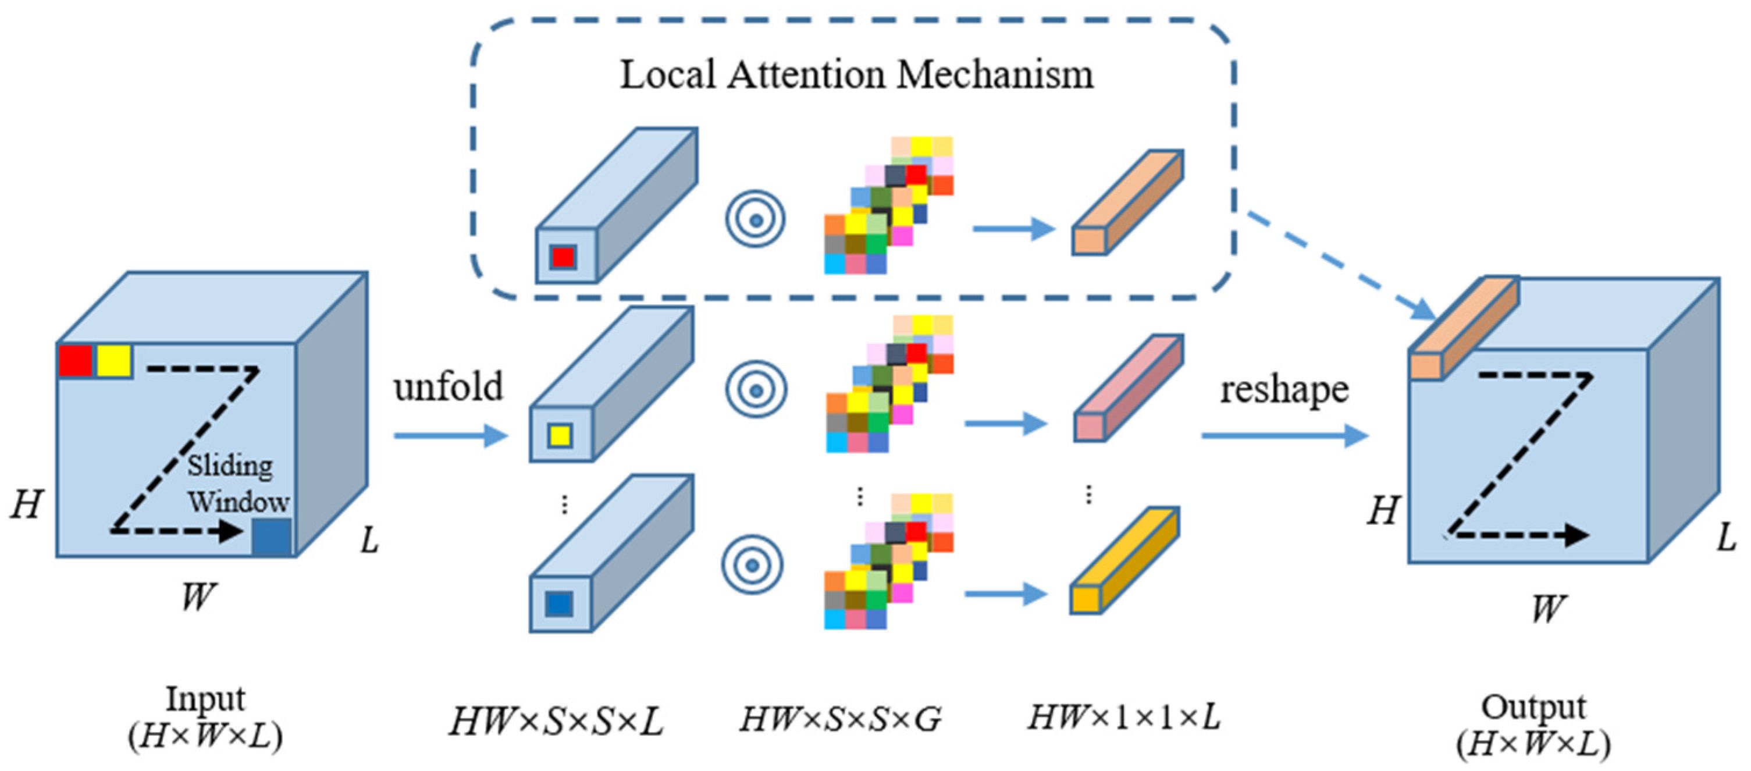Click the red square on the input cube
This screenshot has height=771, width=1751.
75,361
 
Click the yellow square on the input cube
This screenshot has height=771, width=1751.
113,361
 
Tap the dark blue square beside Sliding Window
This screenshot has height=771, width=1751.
272,537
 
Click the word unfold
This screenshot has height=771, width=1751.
448,386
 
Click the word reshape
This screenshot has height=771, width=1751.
1284,390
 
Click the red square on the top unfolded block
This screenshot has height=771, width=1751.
564,258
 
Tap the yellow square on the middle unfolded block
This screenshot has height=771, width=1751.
560,435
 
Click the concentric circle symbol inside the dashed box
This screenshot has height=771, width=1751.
755,219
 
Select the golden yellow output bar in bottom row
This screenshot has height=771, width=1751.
1125,561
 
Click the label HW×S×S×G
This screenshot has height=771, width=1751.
840,719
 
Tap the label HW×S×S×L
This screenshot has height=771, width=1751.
556,721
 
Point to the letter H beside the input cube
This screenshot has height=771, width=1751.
26,505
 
